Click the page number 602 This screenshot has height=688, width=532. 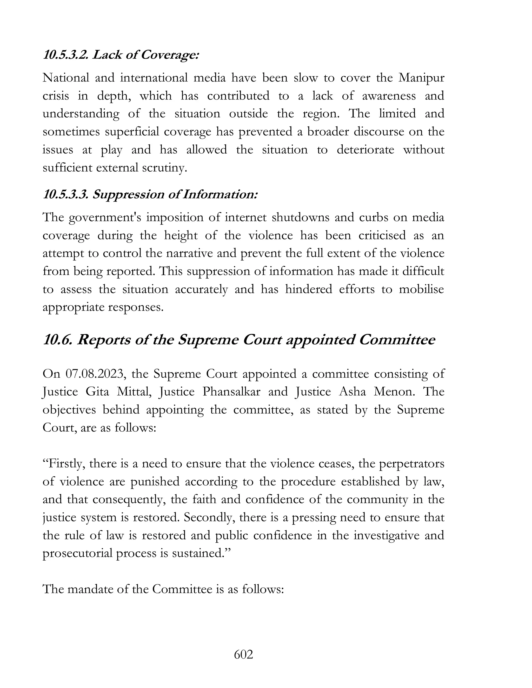(243, 655)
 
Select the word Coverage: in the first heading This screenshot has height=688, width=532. (170, 55)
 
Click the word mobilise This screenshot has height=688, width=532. (421, 289)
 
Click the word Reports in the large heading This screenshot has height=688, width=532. (104, 340)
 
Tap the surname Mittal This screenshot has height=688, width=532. (135, 392)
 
